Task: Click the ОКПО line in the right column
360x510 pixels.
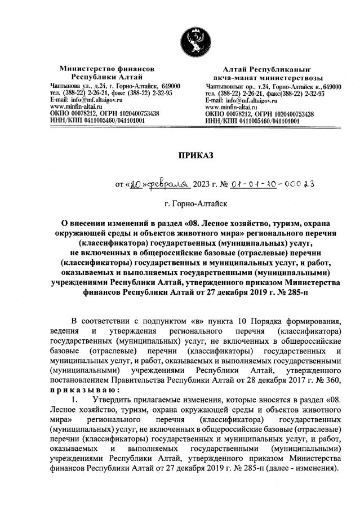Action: coord(260,113)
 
